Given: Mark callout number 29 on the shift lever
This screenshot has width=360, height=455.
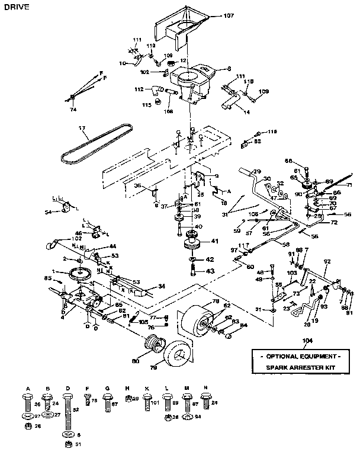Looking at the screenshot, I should (x=257, y=171).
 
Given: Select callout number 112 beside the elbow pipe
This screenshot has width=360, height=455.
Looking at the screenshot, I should (x=139, y=89).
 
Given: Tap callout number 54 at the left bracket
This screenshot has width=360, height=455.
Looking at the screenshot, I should (x=49, y=212).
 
